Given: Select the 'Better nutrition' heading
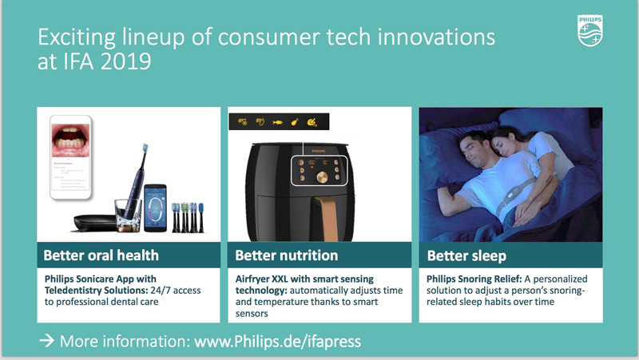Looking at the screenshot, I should click(x=287, y=255).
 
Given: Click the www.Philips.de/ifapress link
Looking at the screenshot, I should click(x=276, y=341).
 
